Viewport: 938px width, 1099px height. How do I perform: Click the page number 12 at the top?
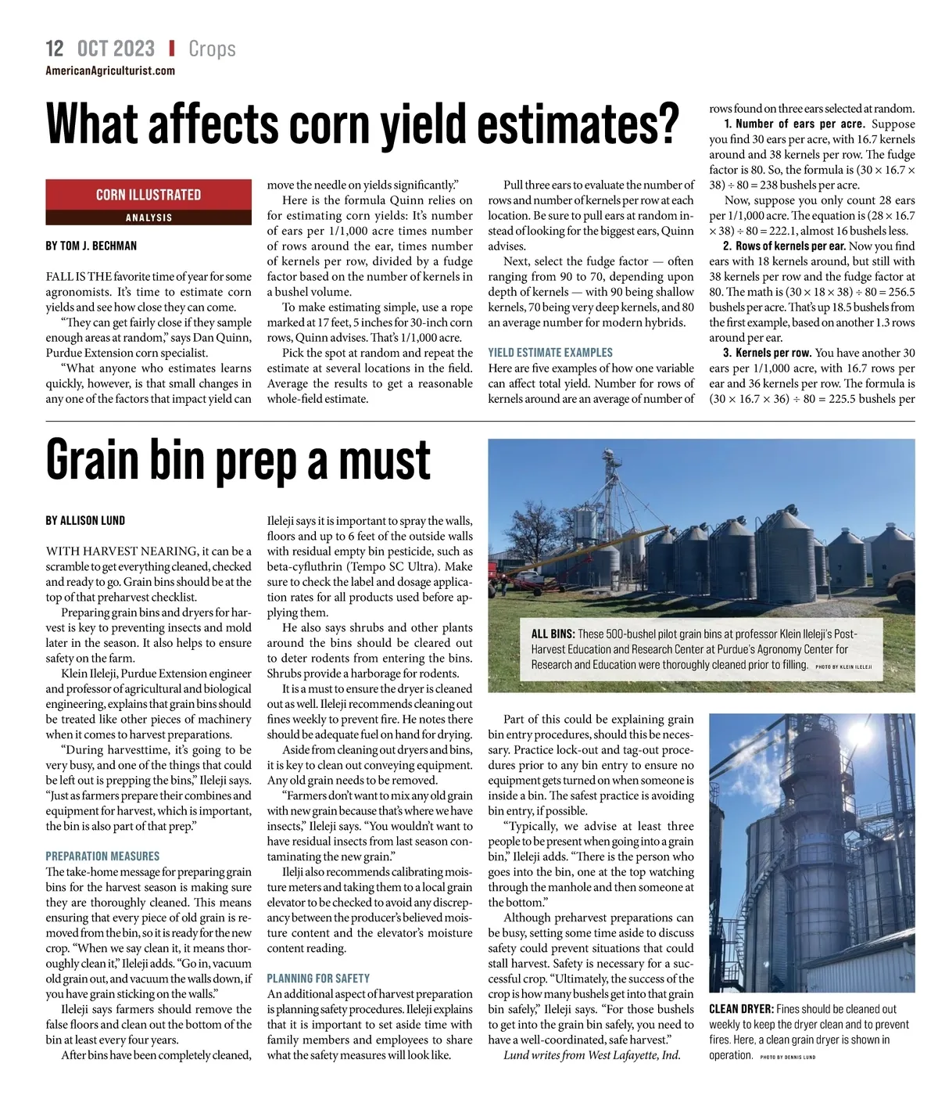point(55,48)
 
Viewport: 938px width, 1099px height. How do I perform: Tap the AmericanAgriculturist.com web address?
point(110,71)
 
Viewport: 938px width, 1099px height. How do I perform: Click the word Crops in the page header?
point(212,48)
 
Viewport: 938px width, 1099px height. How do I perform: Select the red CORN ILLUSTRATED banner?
point(149,195)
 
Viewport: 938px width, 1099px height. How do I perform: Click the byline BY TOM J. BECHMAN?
point(91,246)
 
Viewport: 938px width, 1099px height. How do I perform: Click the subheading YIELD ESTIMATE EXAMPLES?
point(550,353)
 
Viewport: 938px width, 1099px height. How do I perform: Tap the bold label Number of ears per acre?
point(794,124)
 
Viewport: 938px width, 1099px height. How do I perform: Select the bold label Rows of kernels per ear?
point(790,246)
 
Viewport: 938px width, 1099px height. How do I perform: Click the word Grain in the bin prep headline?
point(93,460)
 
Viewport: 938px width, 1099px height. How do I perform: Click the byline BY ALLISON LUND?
point(85,520)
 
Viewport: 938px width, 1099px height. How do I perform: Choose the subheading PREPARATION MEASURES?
point(102,857)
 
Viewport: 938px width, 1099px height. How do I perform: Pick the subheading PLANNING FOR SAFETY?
point(318,979)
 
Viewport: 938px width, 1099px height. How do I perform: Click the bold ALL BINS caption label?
point(553,634)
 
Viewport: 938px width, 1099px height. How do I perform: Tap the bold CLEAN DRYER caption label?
point(741,1009)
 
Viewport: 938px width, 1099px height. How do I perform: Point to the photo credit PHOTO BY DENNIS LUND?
point(787,1057)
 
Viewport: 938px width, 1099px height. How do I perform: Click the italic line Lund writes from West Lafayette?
point(592,1055)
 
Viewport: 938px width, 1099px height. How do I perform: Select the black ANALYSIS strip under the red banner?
point(149,217)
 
